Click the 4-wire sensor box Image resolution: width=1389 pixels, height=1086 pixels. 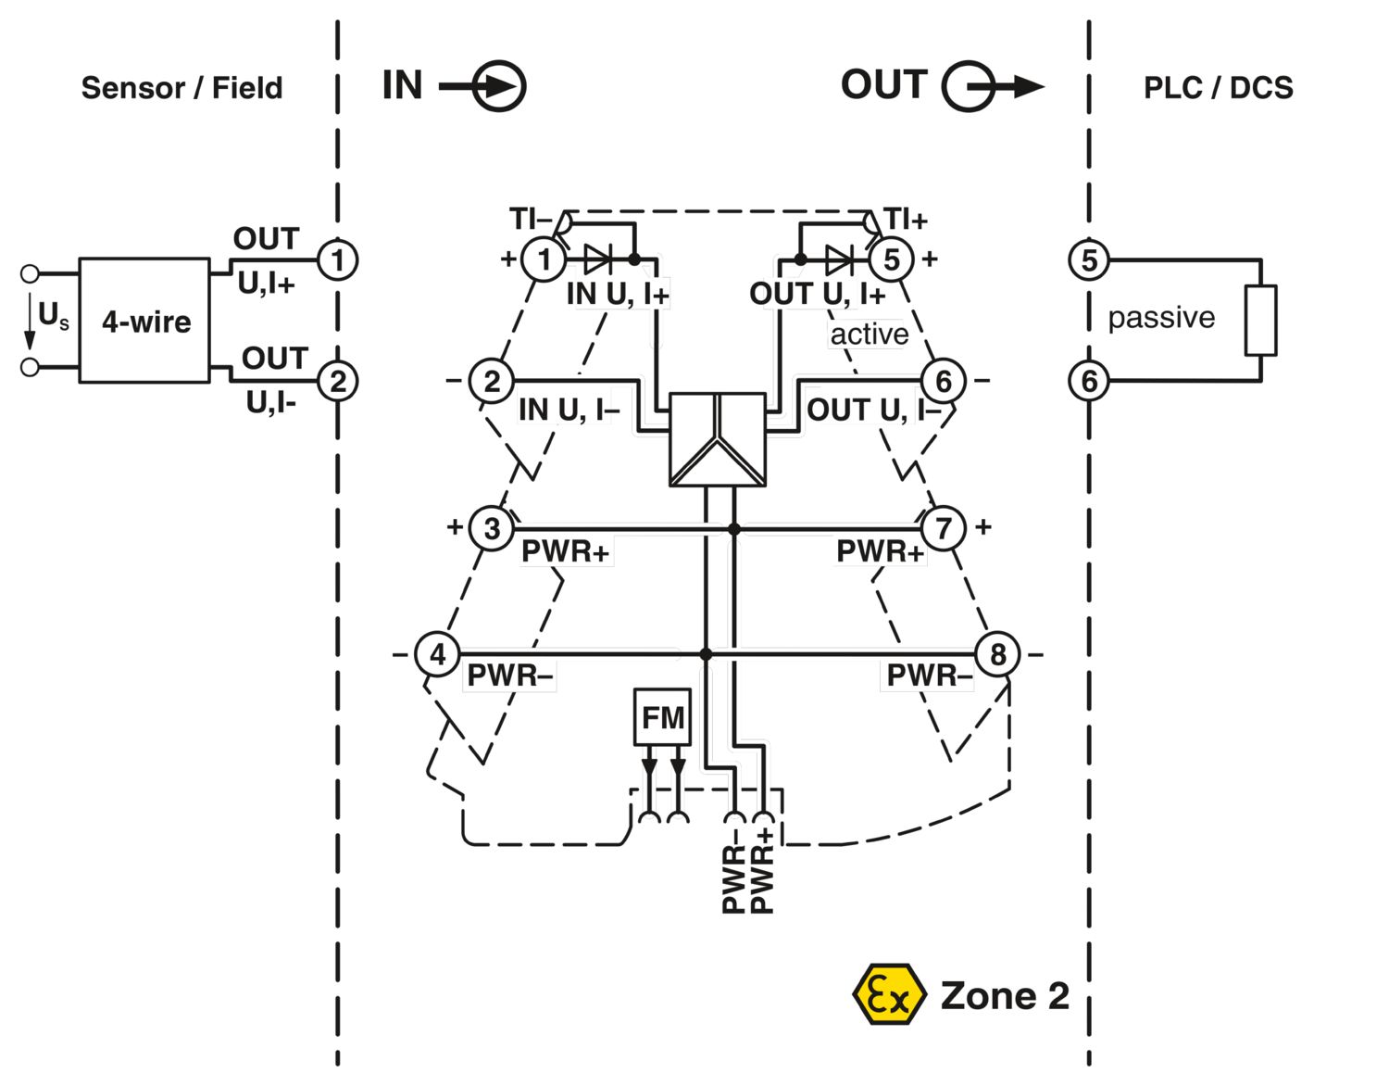(x=144, y=321)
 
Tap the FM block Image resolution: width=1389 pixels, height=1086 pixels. (x=662, y=717)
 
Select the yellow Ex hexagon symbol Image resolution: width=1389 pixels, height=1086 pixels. (x=888, y=994)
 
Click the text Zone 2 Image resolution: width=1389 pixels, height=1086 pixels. (x=1005, y=996)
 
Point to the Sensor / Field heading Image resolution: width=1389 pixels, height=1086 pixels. (x=181, y=88)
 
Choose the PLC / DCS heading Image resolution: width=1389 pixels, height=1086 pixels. (x=1218, y=88)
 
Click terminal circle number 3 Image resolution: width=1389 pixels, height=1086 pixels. (x=492, y=528)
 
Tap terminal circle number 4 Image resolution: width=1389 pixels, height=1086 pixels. (x=437, y=654)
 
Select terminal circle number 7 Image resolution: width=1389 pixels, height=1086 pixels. (x=943, y=528)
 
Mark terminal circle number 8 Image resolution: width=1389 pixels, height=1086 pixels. (x=997, y=654)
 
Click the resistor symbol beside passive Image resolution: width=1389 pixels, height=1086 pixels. (x=1260, y=321)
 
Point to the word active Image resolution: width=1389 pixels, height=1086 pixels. (x=869, y=335)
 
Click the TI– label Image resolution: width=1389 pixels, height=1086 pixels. (x=530, y=220)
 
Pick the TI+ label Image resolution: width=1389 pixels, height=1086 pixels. (x=905, y=220)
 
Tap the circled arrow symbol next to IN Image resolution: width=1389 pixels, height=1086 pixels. (x=499, y=87)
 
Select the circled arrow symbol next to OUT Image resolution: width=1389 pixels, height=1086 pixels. (x=970, y=87)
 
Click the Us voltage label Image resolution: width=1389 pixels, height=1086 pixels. (x=53, y=316)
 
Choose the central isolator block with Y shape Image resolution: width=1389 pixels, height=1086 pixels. (x=718, y=439)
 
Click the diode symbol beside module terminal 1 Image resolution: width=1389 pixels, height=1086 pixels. (x=598, y=259)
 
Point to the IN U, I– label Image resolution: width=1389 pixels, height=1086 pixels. (x=568, y=410)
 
